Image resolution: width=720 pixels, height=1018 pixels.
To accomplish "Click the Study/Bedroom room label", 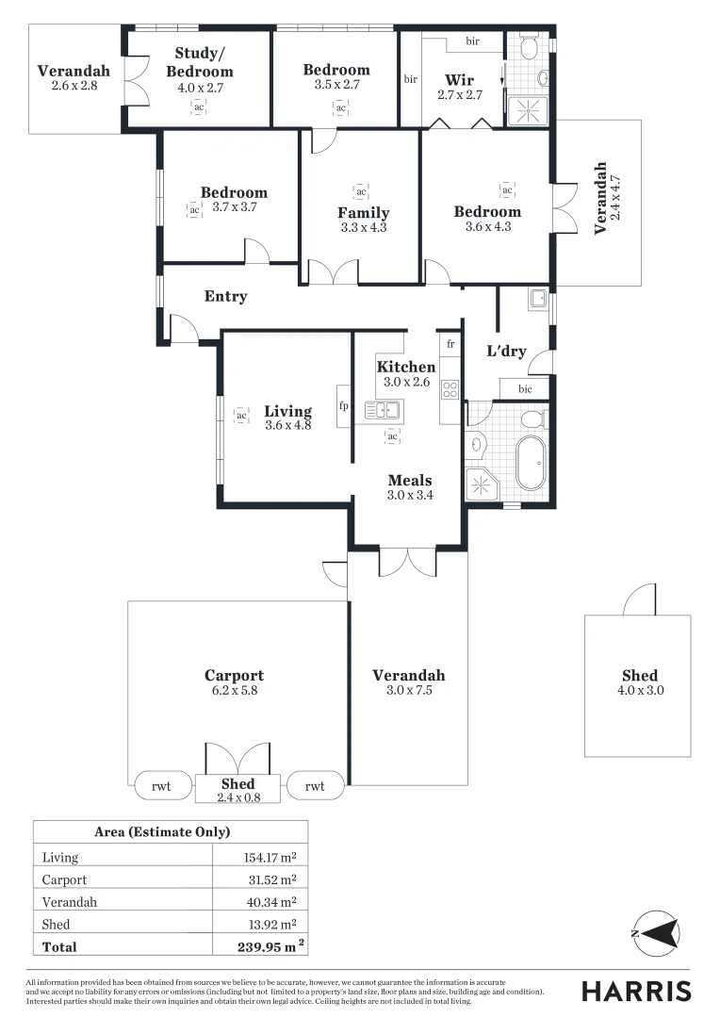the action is coord(199,61).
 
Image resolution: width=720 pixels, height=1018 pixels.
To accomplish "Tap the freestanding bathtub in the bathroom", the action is coord(531,462).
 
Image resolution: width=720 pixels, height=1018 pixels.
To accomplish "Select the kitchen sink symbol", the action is coord(384,409).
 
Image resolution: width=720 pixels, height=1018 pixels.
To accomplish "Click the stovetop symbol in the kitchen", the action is coord(450,387).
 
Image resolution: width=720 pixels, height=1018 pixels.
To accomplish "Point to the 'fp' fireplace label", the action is coord(344,406).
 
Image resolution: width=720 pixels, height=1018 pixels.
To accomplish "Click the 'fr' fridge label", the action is coord(450,344).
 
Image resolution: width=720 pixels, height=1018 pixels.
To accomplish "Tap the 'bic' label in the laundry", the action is coord(525,388).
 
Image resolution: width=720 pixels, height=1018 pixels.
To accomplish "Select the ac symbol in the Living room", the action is coord(241,415).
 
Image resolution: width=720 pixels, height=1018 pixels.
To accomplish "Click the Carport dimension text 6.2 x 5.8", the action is coord(234,690).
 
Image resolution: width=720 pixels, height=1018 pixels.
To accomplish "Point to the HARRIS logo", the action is coord(636,991).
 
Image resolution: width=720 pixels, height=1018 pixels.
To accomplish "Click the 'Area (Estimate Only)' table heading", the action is coord(162,832).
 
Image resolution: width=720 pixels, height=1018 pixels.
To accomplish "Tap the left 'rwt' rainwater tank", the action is coord(161,785).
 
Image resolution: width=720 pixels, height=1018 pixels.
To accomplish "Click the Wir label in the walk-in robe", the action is coord(460,80).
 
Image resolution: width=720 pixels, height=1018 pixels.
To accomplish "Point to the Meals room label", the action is coord(410,480).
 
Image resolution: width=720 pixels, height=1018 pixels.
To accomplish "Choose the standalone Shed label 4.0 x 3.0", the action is coord(639,682).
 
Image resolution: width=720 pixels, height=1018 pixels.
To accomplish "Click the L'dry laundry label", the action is coord(506,352).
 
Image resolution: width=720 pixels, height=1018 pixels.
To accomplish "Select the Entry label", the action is coord(226,296).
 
